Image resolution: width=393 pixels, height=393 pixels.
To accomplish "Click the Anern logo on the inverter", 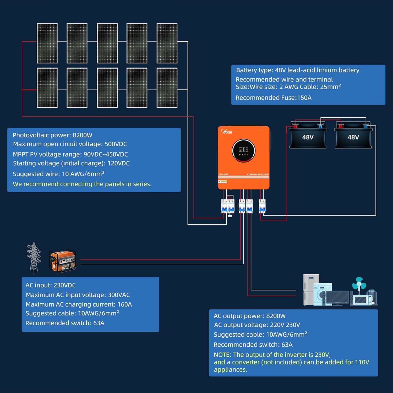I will point(227,132).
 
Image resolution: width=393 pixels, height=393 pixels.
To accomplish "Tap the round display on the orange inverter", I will point(243,151).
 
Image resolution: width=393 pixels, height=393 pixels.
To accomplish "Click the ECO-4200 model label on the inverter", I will point(223,174).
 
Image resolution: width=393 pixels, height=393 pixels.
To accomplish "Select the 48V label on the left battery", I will point(308,137).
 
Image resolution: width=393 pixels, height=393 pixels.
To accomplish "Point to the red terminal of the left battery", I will point(295,127).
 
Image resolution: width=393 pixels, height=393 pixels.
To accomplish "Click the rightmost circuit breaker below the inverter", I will point(262,206).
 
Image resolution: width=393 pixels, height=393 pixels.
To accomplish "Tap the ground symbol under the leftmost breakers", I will point(230,215).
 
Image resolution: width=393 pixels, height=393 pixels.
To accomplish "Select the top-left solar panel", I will point(47,43).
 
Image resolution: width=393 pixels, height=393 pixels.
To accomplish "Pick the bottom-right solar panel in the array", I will point(167,88).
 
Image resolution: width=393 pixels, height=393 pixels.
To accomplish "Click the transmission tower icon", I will point(34,258).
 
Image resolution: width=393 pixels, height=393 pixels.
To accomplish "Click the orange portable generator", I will point(63,261).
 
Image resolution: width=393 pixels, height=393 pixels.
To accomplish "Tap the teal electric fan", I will point(359,284).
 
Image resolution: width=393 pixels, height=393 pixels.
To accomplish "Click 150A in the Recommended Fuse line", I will point(304,98).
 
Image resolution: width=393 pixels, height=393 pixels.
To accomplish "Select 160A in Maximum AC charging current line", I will point(125,304).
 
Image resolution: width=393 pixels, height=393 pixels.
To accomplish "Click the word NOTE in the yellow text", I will point(222,355).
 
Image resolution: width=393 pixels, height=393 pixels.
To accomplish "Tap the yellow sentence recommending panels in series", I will point(82,184).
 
